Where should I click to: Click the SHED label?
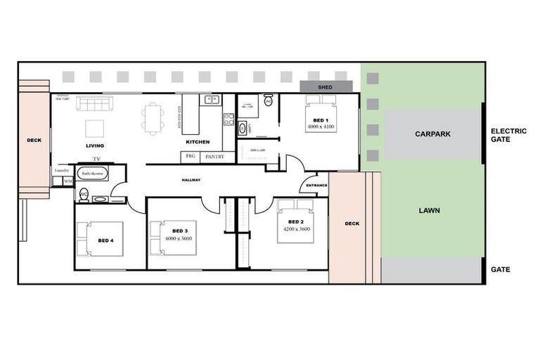click(x=326, y=87)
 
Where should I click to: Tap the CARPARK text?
click(x=432, y=134)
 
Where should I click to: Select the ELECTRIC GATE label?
click(x=509, y=135)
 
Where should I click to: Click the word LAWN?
click(x=430, y=210)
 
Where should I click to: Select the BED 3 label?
click(x=179, y=231)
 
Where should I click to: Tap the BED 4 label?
click(x=105, y=241)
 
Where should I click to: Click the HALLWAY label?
click(x=191, y=180)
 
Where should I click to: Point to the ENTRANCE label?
click(x=314, y=185)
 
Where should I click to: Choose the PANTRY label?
click(x=214, y=157)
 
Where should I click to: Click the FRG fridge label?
click(x=190, y=157)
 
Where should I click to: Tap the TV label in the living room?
click(x=97, y=159)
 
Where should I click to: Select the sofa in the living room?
click(x=94, y=104)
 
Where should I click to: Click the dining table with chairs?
click(x=152, y=117)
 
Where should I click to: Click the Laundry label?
click(x=63, y=171)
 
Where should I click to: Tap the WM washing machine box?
click(x=68, y=181)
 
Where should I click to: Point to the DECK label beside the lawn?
click(x=352, y=224)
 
